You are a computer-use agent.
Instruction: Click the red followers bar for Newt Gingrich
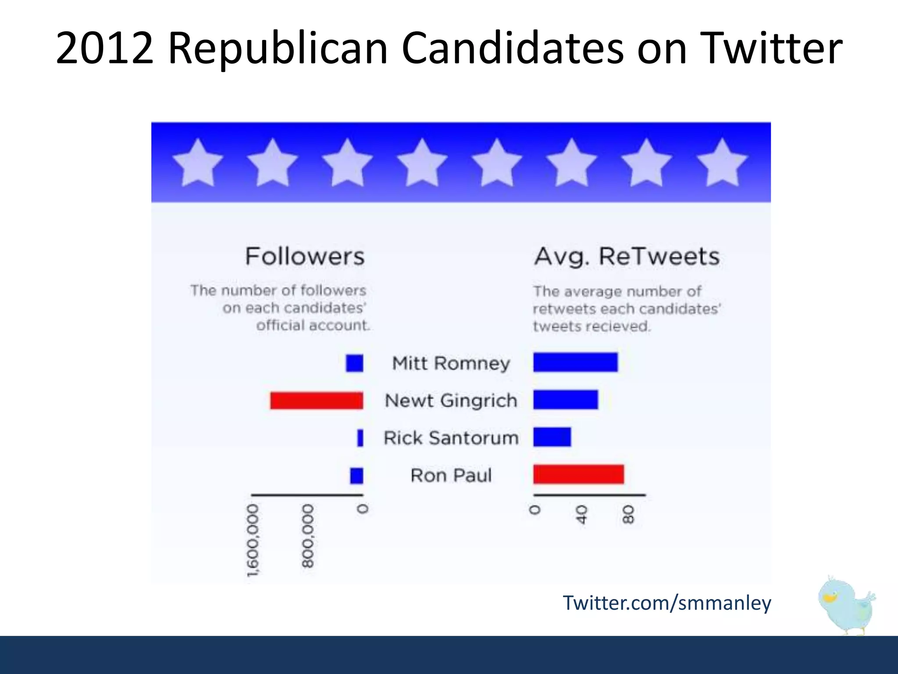click(317, 401)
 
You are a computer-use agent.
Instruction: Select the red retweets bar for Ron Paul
click(578, 475)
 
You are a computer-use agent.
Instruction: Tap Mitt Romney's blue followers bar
click(354, 363)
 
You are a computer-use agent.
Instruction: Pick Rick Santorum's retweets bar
click(552, 437)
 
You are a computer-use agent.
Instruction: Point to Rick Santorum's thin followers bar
click(360, 438)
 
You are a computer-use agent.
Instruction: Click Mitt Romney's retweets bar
click(575, 362)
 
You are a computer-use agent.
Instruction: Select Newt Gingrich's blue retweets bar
click(566, 400)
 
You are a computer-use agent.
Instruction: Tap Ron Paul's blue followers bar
click(356, 476)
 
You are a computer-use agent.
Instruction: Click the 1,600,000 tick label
click(253, 540)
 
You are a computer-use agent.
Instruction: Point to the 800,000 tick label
click(308, 536)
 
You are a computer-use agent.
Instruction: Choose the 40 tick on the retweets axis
click(581, 514)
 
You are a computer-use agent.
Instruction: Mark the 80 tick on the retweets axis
click(628, 514)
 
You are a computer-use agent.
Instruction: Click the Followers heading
click(305, 256)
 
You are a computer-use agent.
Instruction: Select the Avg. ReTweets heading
click(627, 256)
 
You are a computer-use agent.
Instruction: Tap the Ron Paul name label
click(451, 475)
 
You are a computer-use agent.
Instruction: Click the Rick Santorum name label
click(451, 438)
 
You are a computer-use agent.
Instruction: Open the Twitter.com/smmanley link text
click(666, 603)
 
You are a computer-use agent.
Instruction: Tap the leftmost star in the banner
click(198, 163)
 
